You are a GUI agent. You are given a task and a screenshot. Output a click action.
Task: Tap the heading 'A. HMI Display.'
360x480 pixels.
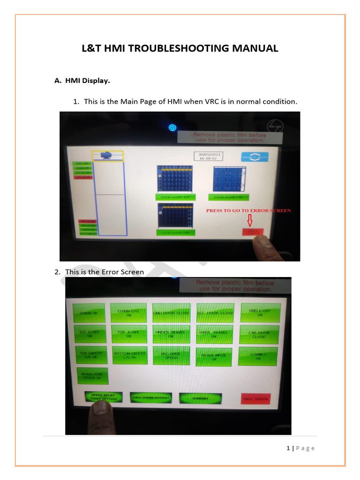[x=82, y=81]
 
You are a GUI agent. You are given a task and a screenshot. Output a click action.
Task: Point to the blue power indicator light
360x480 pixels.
[x=172, y=127]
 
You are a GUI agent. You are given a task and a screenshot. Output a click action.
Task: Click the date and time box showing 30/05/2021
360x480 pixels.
[x=208, y=156]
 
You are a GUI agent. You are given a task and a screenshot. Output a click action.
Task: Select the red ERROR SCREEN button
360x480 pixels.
[x=253, y=232]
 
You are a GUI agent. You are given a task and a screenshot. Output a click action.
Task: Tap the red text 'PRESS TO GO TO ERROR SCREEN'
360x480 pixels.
[x=248, y=210]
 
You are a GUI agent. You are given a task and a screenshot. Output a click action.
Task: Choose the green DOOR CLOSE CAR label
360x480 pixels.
[x=229, y=197]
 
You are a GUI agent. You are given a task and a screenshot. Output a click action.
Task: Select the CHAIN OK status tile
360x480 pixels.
[x=89, y=313]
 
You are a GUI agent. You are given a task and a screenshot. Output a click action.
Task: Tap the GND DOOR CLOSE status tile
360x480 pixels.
[x=172, y=313]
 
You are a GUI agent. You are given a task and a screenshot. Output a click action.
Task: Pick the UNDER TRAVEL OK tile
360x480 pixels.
[x=172, y=334]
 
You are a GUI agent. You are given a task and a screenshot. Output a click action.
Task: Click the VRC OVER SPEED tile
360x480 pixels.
[x=172, y=355]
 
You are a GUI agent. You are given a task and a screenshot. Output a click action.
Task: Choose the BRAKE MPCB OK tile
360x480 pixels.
[x=214, y=357]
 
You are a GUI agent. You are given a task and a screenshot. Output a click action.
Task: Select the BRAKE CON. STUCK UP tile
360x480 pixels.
[x=92, y=376]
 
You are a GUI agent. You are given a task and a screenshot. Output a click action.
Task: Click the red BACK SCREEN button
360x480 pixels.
[x=255, y=399]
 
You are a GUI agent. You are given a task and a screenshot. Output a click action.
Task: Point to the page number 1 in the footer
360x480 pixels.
[x=288, y=448]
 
